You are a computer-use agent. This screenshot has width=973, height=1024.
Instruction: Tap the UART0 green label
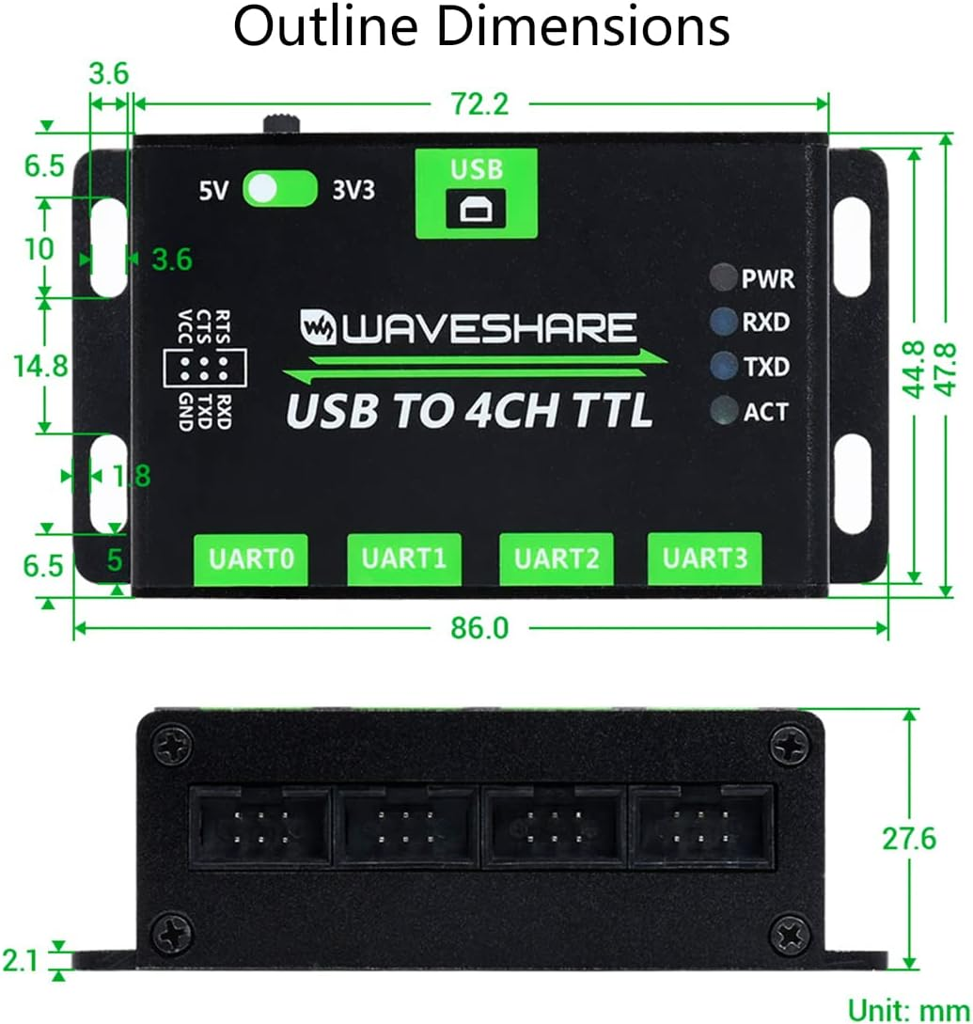click(x=252, y=559)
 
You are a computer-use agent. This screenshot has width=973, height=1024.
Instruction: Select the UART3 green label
click(x=704, y=558)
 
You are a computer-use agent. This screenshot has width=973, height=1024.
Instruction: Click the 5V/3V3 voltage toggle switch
click(x=280, y=189)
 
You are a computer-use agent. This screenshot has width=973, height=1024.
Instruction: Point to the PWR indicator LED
click(x=723, y=278)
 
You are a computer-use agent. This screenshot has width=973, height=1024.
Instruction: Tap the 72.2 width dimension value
click(x=479, y=103)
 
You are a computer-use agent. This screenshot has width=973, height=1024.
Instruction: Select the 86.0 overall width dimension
click(x=479, y=627)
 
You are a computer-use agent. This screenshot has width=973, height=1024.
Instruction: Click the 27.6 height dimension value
click(x=908, y=838)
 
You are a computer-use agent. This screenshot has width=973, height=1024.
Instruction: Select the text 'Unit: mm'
click(x=908, y=1010)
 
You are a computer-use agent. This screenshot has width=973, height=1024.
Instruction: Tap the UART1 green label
click(x=404, y=559)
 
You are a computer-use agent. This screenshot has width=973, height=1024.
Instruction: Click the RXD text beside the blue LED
click(x=766, y=323)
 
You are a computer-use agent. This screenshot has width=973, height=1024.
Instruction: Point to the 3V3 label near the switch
click(x=353, y=190)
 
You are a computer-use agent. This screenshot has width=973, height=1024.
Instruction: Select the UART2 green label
click(x=557, y=559)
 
